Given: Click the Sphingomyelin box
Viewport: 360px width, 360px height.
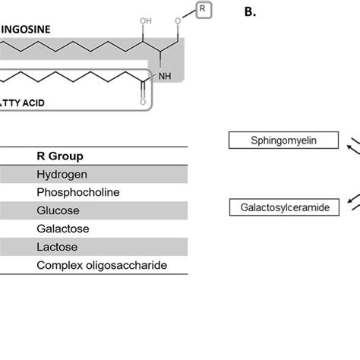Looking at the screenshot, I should (x=283, y=141).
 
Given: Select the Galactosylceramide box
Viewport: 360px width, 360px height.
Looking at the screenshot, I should (x=283, y=207).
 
